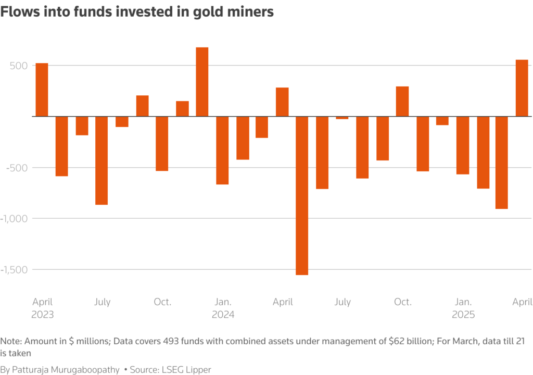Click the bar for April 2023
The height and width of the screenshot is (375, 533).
point(42,90)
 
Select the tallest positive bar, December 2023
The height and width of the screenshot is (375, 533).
point(202,82)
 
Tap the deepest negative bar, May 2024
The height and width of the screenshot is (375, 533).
point(302,195)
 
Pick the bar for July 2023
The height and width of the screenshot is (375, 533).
point(101,160)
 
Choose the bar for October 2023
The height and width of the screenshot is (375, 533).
point(162,143)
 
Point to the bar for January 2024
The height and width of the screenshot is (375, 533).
point(222,150)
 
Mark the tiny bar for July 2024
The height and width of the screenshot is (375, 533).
point(342,118)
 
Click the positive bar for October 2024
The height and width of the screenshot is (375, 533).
point(402,102)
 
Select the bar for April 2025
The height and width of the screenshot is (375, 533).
point(522,88)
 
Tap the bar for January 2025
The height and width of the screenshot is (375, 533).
point(463,145)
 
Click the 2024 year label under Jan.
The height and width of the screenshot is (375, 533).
point(223,315)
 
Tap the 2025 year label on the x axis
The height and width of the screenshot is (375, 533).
point(463,315)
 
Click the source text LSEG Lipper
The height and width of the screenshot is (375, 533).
point(186,369)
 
